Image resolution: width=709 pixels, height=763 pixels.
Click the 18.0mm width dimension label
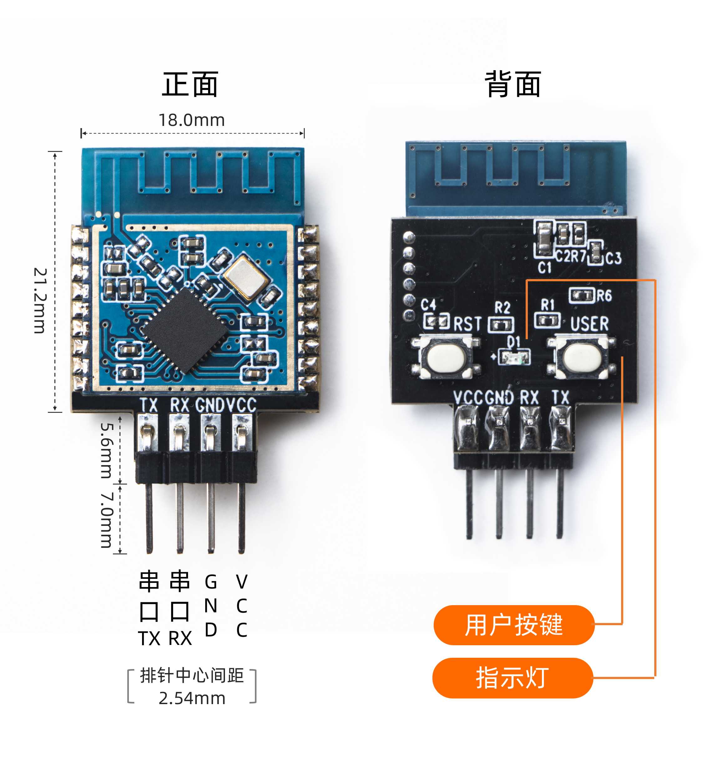click(191, 120)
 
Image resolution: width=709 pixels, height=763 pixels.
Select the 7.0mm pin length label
click(107, 520)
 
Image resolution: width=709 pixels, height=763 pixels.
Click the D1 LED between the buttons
click(513, 357)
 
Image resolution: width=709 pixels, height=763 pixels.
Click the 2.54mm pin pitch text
click(192, 698)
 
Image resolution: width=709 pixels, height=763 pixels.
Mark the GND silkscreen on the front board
click(209, 405)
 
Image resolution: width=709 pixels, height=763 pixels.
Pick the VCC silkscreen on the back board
click(468, 397)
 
